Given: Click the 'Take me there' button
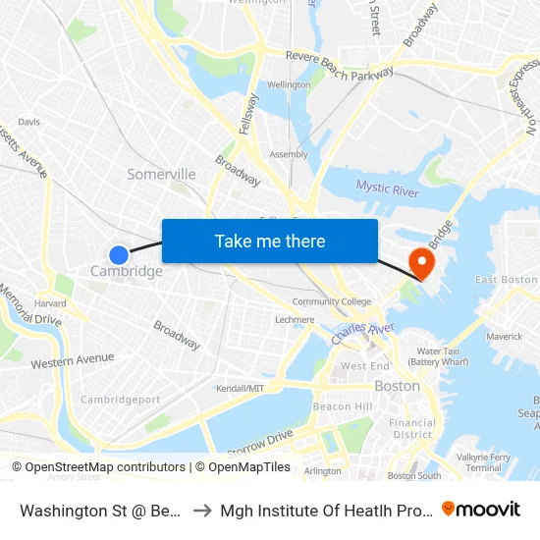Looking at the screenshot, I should coord(270,241).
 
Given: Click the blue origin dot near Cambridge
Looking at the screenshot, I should coord(119,255).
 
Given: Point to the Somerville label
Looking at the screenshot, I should coord(161,174).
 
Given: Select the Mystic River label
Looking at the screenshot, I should coord(387,188).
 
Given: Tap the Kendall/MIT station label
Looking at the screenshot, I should coord(240,389).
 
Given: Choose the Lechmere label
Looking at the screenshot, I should coord(295,319).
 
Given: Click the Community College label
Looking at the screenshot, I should coord(332,301).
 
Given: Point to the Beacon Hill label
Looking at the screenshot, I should coord(342,406).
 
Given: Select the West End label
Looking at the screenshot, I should coord(365,366).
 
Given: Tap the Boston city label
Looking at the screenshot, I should coord(397,386).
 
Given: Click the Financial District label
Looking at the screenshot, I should coord(412,429).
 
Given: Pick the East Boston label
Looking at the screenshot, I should coord(506,280).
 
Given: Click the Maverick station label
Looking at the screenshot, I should coord(505,337).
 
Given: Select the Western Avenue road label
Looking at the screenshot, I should coord(73,361).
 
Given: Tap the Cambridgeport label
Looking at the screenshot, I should coord(120,400).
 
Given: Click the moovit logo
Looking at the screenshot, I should coord(481,509).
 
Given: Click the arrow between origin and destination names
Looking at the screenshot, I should coord(200,510).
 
